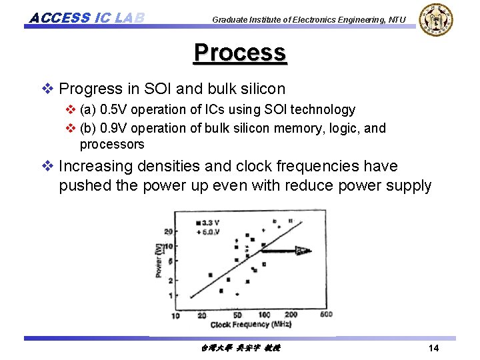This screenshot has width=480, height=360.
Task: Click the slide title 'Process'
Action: point(240,53)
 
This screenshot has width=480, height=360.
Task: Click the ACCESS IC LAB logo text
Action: point(87,17)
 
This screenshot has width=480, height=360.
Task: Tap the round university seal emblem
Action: point(437,19)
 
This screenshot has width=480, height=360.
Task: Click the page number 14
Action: point(433,349)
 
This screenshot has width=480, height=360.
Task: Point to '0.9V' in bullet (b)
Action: point(113,128)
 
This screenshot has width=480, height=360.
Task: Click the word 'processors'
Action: point(111,144)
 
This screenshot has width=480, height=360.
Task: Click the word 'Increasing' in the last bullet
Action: point(94,166)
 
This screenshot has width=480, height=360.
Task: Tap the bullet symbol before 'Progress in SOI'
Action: point(49,89)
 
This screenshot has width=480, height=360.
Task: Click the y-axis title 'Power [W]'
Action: point(159,261)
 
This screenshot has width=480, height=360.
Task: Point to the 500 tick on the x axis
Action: point(325,315)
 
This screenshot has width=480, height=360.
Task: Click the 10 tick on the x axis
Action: point(175,315)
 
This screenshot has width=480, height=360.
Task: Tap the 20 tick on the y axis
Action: point(168,232)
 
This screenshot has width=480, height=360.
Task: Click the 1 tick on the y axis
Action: point(170,295)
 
